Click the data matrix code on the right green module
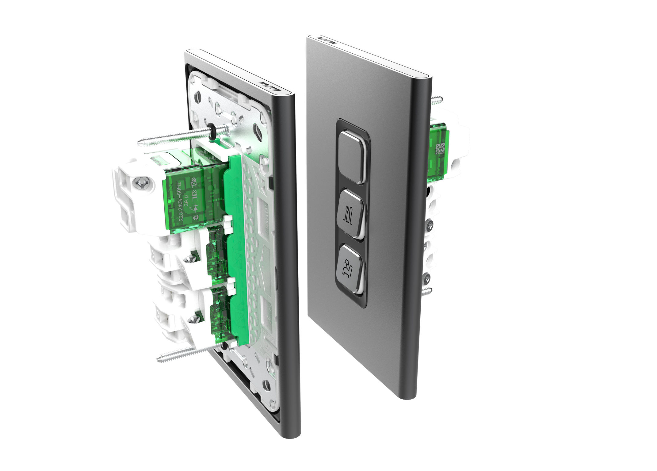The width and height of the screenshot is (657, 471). [441, 149]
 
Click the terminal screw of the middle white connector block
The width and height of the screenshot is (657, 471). [193, 258]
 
